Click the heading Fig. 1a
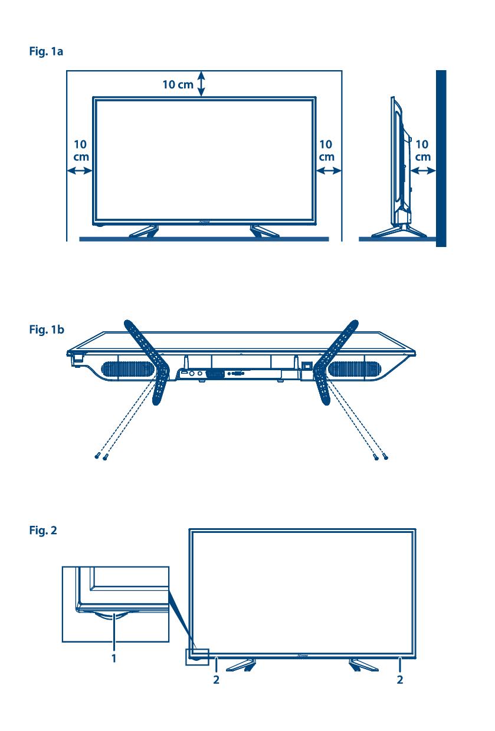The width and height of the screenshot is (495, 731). [x=46, y=51]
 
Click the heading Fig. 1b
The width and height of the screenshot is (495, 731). [x=47, y=330]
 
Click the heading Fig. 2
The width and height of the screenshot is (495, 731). [x=43, y=531]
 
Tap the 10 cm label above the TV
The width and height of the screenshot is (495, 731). [x=178, y=84]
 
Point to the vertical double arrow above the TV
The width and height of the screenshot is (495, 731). [x=202, y=84]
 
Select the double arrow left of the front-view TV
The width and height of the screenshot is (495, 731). [x=80, y=170]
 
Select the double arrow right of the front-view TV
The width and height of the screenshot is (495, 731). [x=329, y=170]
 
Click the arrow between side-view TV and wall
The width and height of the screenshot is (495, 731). [x=423, y=170]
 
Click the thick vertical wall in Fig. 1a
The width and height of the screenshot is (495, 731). [x=441, y=158]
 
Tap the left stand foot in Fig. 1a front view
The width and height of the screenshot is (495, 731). [x=144, y=231]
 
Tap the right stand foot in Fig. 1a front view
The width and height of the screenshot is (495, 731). [x=264, y=231]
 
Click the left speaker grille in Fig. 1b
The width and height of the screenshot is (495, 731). [x=128, y=370]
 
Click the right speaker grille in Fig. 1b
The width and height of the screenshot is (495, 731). [x=354, y=370]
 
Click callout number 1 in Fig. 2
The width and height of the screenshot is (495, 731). [x=114, y=658]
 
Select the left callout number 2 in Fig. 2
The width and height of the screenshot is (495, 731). [x=216, y=680]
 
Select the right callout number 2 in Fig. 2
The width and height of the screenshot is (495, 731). [x=400, y=680]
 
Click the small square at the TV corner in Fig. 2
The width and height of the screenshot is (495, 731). [x=197, y=657]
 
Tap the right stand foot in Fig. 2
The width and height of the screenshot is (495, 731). [x=363, y=665]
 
